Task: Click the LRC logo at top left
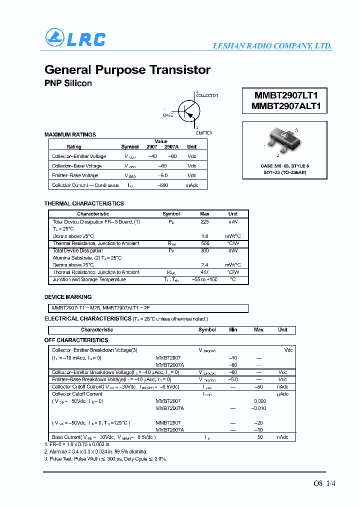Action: point(75,38)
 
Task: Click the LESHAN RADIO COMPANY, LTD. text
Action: point(272,45)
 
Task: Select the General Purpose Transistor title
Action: point(127,70)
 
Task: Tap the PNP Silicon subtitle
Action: point(68,83)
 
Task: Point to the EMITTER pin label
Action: point(204,133)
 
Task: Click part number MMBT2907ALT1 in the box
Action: point(284,106)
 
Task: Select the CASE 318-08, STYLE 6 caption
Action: point(284,165)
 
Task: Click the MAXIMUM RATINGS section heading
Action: point(70,134)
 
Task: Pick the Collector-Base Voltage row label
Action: point(76,166)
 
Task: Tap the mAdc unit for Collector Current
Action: point(192,185)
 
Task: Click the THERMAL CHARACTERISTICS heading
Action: point(84,203)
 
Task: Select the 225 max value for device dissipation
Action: point(204,221)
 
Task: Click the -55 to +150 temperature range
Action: point(205,279)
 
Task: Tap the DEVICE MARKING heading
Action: point(68,296)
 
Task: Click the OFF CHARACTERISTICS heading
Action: point(76,340)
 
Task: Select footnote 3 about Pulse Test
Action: point(105,458)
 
